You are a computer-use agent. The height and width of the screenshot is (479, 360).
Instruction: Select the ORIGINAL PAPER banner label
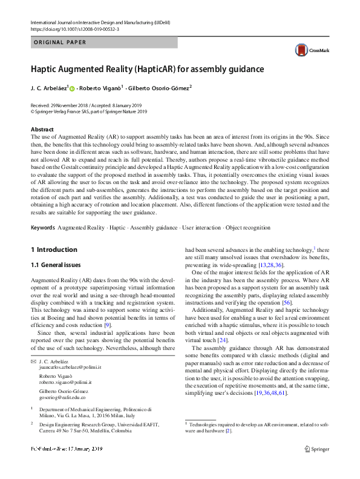click(x=61, y=42)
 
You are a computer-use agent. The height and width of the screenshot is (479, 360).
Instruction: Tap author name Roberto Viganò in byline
click(x=100, y=88)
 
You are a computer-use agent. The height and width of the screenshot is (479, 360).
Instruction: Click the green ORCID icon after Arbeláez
click(x=72, y=88)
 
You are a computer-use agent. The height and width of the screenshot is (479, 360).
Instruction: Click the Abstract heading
click(x=42, y=130)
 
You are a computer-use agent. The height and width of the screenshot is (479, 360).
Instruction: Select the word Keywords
click(x=42, y=227)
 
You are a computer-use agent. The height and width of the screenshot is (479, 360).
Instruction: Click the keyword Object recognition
click(x=247, y=227)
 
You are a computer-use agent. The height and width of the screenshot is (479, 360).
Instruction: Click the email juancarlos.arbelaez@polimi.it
click(x=70, y=368)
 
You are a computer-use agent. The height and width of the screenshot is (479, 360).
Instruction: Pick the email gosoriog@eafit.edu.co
click(x=61, y=398)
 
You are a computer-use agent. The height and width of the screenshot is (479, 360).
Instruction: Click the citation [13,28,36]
click(x=271, y=265)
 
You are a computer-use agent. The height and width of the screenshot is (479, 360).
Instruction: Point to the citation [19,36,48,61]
click(x=264, y=393)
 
